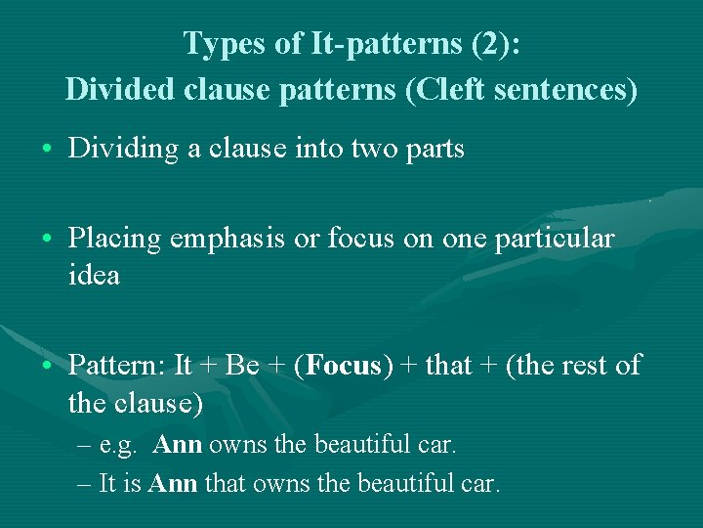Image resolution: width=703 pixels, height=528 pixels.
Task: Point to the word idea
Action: (x=94, y=275)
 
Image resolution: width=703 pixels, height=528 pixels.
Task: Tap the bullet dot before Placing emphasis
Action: (x=47, y=240)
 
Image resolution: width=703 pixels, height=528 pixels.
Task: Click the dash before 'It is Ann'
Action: (x=85, y=483)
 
